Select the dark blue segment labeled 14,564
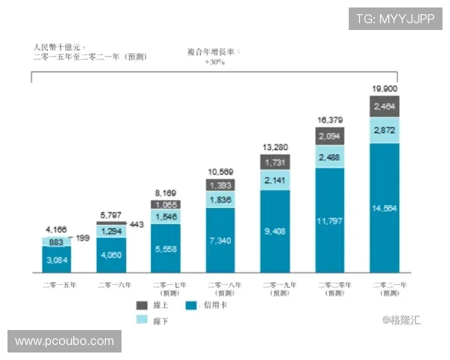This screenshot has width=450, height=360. coord(385,207)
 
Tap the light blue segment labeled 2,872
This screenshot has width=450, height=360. coord(385,130)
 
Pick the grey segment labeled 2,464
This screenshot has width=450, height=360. coord(385,106)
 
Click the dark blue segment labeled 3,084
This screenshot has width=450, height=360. coord(56,259)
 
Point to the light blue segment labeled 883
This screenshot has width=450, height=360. coord(56,241)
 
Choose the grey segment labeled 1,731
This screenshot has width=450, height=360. coord(275,163)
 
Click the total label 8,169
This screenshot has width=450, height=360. coord(166,193)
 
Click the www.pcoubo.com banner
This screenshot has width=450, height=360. coord(65,341)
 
